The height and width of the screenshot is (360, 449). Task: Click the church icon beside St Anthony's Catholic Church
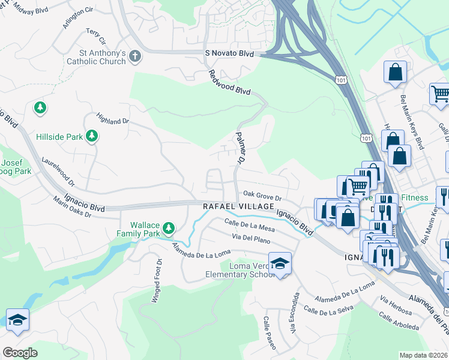tap(135, 56)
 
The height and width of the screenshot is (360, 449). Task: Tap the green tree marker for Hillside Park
tap(92, 137)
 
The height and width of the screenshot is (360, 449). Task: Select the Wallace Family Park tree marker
tap(169, 227)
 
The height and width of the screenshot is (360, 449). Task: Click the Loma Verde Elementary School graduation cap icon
tap(280, 263)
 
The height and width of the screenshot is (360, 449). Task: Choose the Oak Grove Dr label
tap(262, 194)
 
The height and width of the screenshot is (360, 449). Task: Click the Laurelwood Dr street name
tap(58, 171)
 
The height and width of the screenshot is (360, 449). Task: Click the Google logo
tap(20, 353)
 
